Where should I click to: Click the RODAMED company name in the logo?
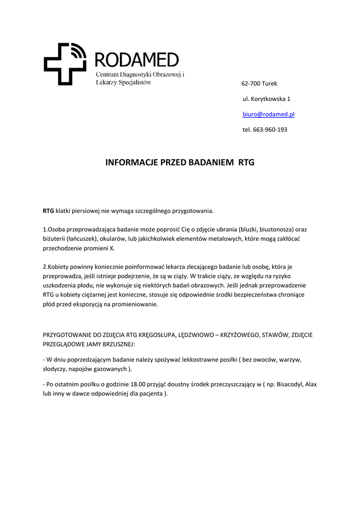[136, 60]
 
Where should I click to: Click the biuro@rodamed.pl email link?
[269, 114]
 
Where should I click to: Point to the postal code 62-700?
[250, 83]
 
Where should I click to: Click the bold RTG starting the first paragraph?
[48, 211]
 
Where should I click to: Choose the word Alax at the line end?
[311, 384]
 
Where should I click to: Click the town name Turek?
[270, 83]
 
